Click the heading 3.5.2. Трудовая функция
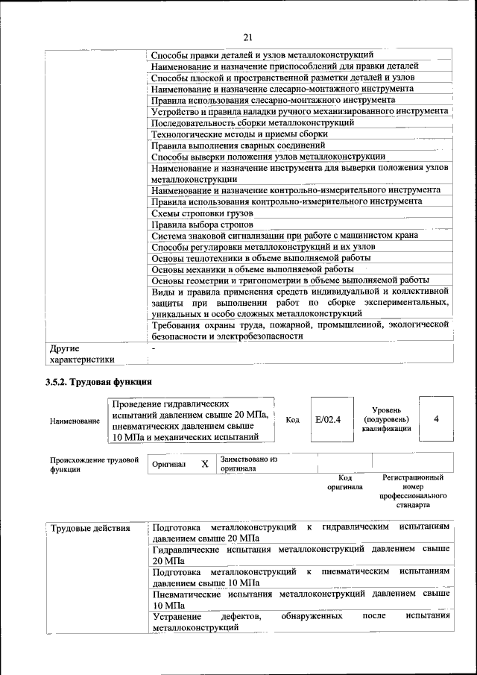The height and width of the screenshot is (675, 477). (99, 382)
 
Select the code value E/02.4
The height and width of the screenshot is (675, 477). (327, 419)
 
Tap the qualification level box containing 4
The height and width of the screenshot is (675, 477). (436, 419)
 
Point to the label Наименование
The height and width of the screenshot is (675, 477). (75, 421)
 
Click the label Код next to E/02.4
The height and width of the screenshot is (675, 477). (293, 420)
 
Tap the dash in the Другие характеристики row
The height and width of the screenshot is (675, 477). (154, 348)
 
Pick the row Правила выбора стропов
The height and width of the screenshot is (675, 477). (202, 225)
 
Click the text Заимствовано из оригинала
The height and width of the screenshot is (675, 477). (248, 464)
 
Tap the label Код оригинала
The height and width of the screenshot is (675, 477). (344, 482)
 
